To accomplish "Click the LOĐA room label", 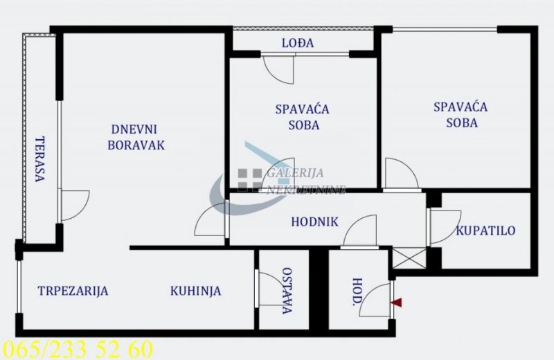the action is click(x=298, y=43).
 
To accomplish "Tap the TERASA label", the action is click(x=40, y=159).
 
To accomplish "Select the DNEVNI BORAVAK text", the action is click(x=136, y=137).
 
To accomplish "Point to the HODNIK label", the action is click(x=314, y=222).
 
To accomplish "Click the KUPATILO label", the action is click(x=485, y=231).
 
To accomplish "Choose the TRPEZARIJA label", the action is click(x=73, y=291).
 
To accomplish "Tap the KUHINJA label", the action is click(x=195, y=291).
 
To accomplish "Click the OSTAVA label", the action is click(x=287, y=291).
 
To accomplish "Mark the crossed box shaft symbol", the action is click(x=409, y=258).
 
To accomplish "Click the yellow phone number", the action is click(x=78, y=350).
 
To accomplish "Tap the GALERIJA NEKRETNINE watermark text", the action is click(x=305, y=181).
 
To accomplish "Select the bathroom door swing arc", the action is click(x=445, y=227).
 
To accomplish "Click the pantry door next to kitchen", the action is click(x=271, y=288).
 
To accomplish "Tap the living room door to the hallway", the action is click(x=210, y=219).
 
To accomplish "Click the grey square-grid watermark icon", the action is click(x=249, y=180).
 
